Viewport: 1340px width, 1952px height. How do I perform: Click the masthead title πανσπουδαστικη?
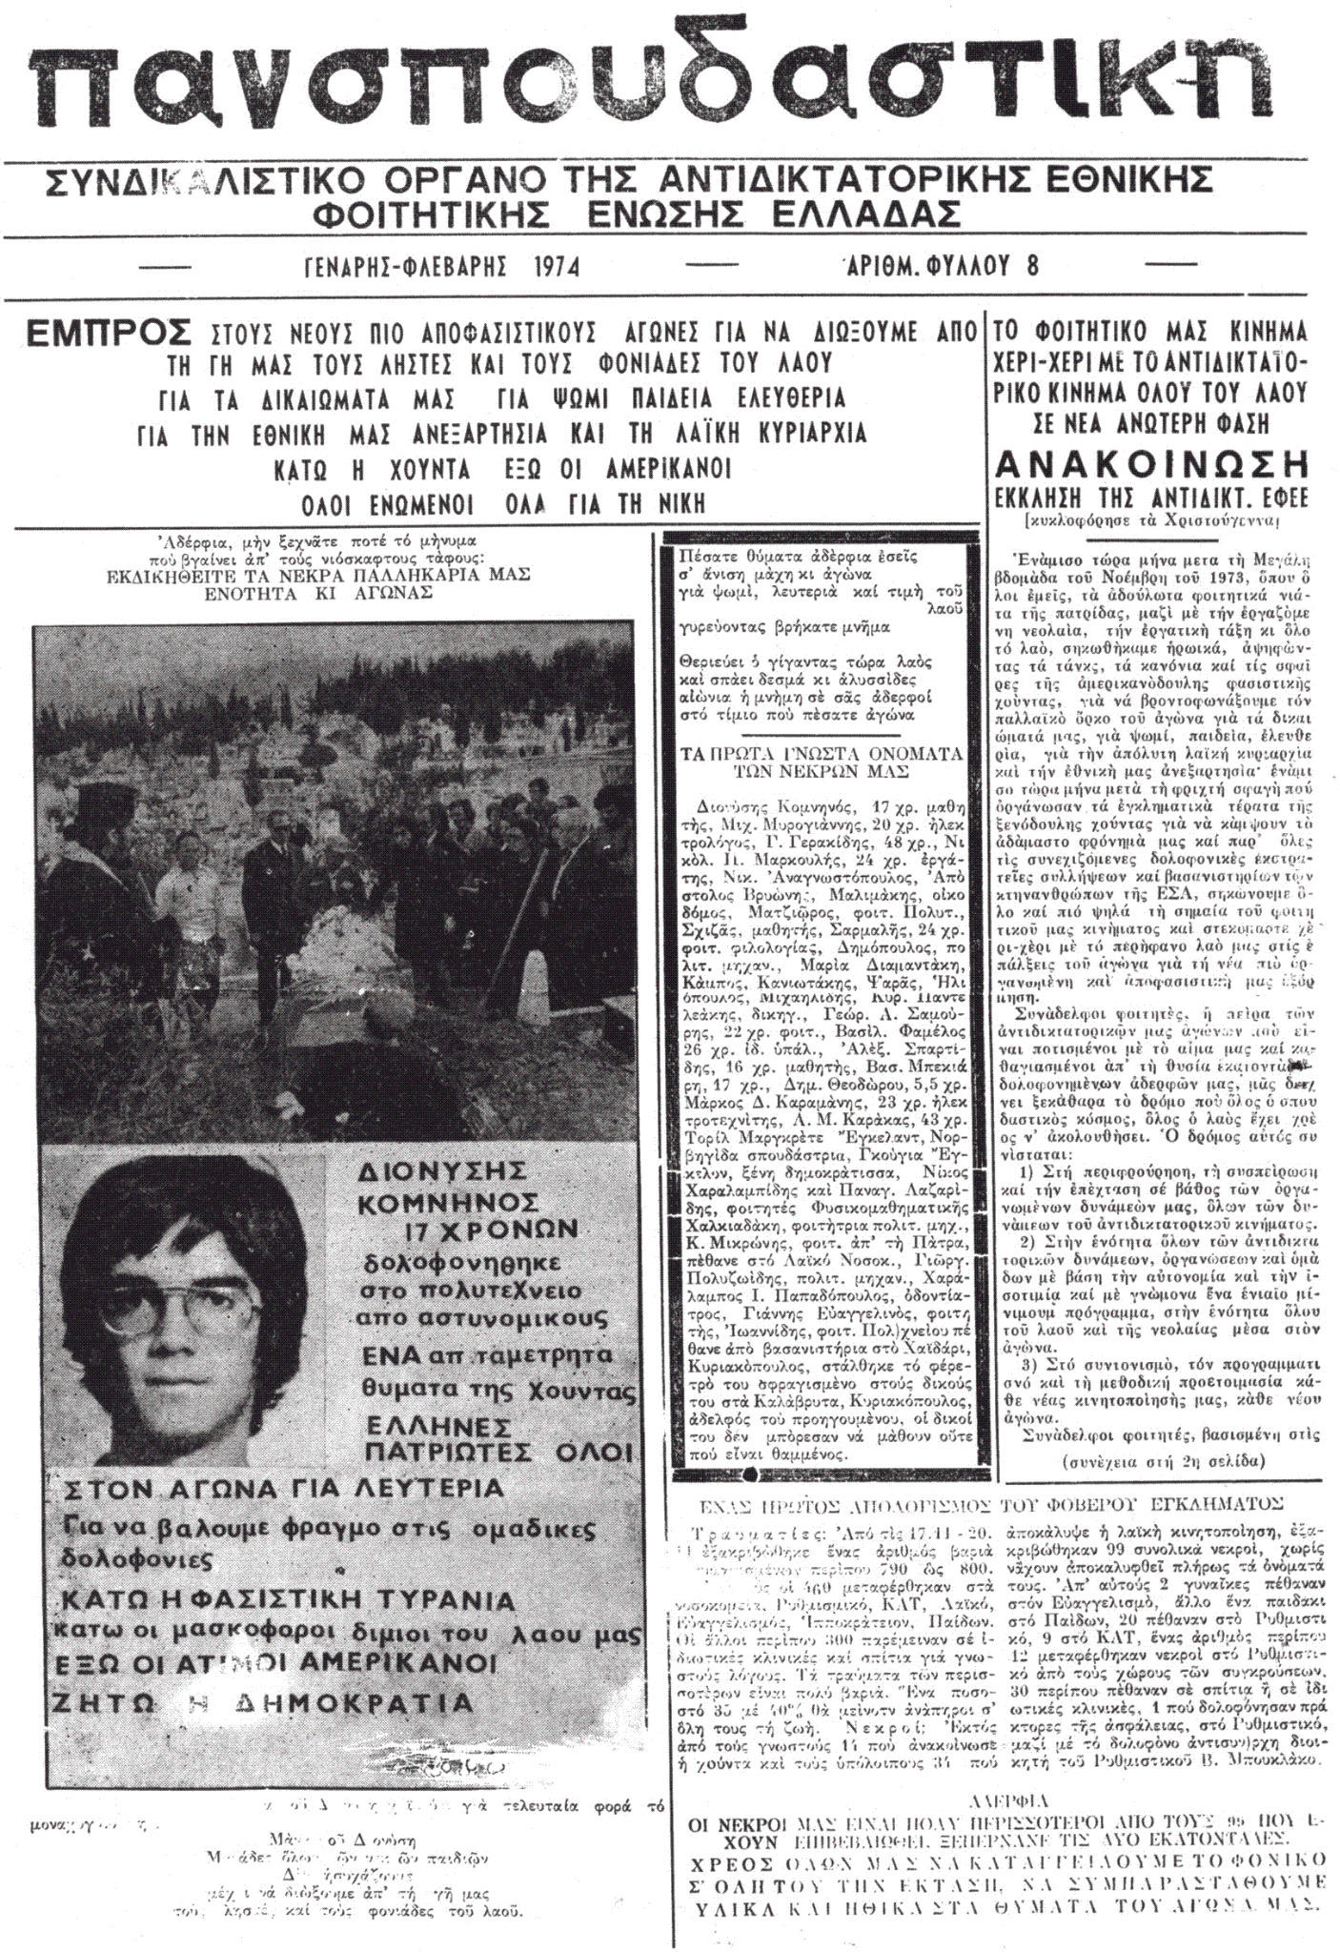coord(667,91)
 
